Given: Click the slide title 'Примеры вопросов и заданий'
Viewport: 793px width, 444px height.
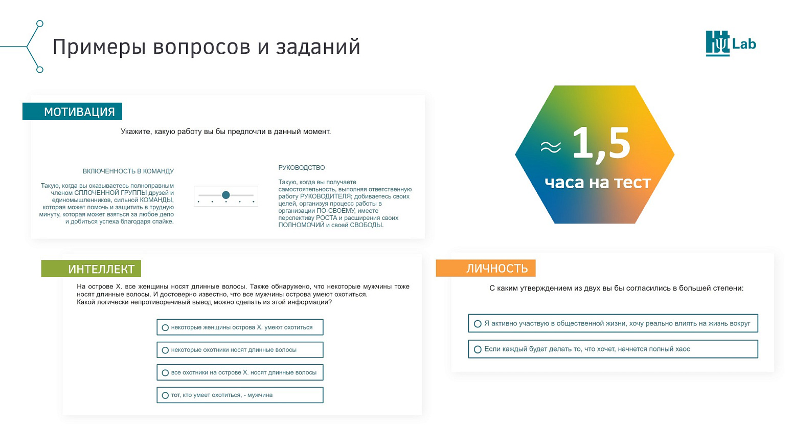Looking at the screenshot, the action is pyautogui.click(x=207, y=47).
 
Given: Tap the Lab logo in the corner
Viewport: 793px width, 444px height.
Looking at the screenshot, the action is pyautogui.click(x=731, y=43).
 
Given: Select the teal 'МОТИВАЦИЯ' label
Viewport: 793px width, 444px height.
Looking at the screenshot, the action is pyautogui.click(x=72, y=112).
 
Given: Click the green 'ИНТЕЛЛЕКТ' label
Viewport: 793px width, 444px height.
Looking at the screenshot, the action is pyautogui.click(x=91, y=269).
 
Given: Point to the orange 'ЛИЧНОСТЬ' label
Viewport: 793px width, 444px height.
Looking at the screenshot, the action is pyautogui.click(x=485, y=268).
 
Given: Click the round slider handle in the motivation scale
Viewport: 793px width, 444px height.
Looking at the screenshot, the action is pyautogui.click(x=226, y=195).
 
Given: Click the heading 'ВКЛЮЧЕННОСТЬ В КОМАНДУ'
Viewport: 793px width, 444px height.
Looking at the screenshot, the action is pyautogui.click(x=128, y=171).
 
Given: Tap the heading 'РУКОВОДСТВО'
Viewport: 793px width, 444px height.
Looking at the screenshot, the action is pyautogui.click(x=301, y=167).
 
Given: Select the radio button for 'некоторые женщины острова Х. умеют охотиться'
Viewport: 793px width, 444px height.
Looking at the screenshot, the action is pyautogui.click(x=165, y=327).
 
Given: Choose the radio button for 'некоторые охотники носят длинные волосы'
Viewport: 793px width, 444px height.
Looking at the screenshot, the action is pyautogui.click(x=165, y=350).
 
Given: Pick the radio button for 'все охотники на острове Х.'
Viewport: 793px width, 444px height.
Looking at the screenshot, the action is pyautogui.click(x=165, y=373).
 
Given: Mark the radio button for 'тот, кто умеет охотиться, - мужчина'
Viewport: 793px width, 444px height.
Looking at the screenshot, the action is pyautogui.click(x=165, y=395).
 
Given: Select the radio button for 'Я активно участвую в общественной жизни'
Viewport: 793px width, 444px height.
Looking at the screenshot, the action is pyautogui.click(x=478, y=324).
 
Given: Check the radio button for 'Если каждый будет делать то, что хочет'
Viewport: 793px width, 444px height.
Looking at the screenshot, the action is pyautogui.click(x=478, y=349).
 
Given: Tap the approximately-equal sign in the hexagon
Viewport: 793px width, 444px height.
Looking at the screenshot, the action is pyautogui.click(x=551, y=147).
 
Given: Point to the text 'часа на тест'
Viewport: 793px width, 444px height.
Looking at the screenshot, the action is pyautogui.click(x=598, y=183).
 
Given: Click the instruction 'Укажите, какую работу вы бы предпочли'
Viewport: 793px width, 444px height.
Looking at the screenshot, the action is pyautogui.click(x=226, y=131).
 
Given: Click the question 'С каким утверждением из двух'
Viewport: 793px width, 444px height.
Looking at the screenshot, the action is pyautogui.click(x=616, y=288).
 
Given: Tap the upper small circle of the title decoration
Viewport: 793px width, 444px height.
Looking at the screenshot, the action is pyautogui.click(x=40, y=24).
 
